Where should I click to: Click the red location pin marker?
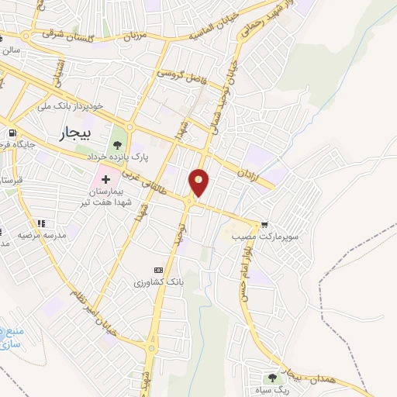point(199,182)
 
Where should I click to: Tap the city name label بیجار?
point(74,134)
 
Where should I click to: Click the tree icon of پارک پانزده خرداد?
point(117,143)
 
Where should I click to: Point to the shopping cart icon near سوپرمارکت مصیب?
point(265,220)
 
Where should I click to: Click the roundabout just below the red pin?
point(189,202)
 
